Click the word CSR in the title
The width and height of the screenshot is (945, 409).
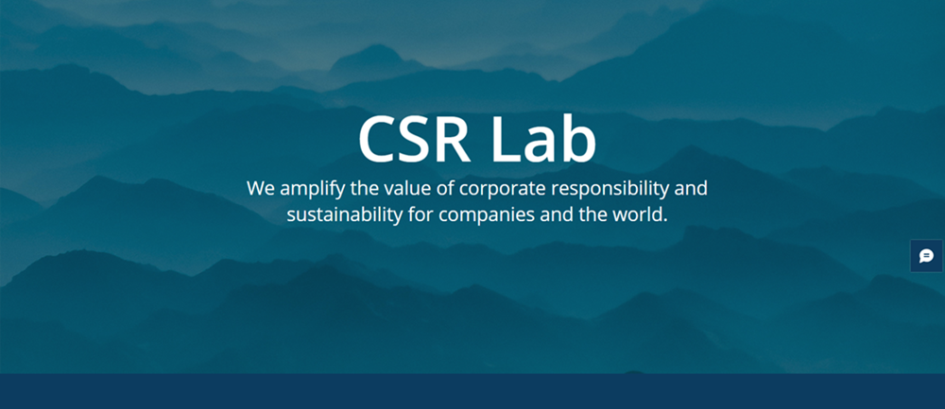coord(414,139)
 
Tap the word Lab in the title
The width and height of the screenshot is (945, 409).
coord(544,138)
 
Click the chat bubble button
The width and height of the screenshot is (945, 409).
coord(927,256)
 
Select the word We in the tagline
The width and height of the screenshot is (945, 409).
coord(261,189)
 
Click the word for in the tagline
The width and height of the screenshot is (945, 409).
coord(421,214)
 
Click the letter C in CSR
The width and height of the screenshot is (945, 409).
coord(377,139)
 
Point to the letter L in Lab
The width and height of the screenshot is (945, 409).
coord(506,139)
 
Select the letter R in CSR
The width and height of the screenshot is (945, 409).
coord(454,139)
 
